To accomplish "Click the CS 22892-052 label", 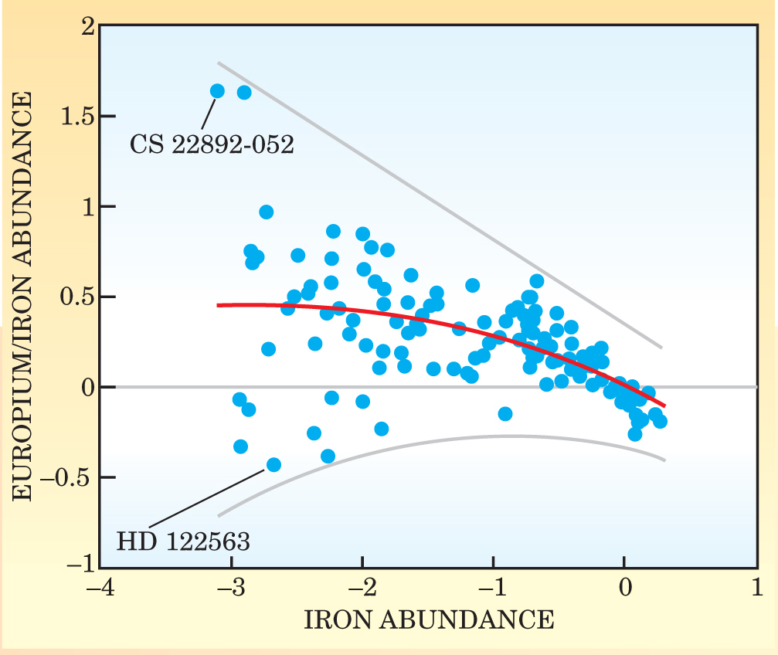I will (x=211, y=144).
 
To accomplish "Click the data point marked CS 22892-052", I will (x=217, y=91).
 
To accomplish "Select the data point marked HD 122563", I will (x=273, y=464).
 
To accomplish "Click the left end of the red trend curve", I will (x=219, y=305).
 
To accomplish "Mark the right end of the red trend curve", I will (x=664, y=405).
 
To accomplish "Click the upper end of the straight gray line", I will (x=219, y=63).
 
